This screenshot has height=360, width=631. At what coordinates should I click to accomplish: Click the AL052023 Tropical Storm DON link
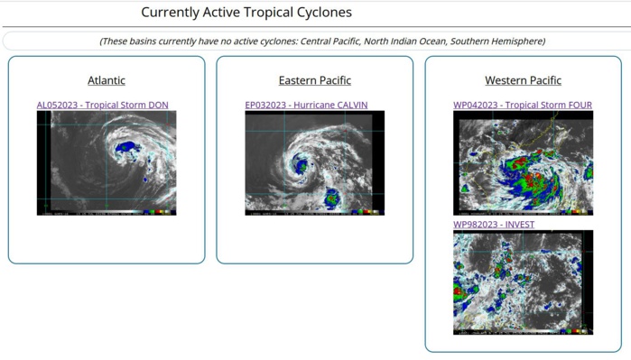pyautogui.click(x=102, y=105)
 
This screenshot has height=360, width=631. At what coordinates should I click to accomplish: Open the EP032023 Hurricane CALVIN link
pyautogui.click(x=306, y=105)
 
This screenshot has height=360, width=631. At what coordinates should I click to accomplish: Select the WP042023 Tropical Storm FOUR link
pyautogui.click(x=523, y=105)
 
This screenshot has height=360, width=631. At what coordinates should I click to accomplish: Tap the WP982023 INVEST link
pyautogui.click(x=493, y=225)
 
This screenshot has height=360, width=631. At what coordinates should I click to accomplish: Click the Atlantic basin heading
pyautogui.click(x=107, y=80)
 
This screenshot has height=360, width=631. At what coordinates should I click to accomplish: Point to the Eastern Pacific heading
pyautogui.click(x=314, y=80)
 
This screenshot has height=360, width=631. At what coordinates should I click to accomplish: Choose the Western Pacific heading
pyautogui.click(x=523, y=80)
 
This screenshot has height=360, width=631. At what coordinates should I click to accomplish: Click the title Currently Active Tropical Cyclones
pyautogui.click(x=246, y=13)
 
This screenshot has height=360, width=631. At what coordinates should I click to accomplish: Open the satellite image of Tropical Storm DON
pyautogui.click(x=107, y=162)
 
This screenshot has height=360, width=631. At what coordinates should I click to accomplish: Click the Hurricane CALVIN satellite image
pyautogui.click(x=314, y=162)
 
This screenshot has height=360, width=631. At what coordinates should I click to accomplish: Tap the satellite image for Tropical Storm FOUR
pyautogui.click(x=523, y=162)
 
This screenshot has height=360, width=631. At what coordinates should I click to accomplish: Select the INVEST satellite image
pyautogui.click(x=523, y=282)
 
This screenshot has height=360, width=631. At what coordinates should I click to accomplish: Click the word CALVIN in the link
pyautogui.click(x=351, y=105)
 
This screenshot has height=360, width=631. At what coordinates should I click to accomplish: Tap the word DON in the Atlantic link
pyautogui.click(x=159, y=105)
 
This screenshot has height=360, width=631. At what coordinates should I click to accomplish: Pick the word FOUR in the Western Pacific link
pyautogui.click(x=580, y=105)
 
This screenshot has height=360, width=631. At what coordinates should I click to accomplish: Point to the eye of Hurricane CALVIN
pyautogui.click(x=300, y=166)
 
